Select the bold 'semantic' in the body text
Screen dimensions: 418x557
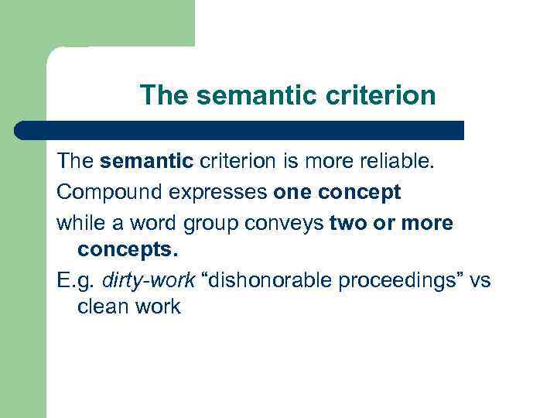[x=146, y=161]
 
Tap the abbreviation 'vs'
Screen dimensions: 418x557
[x=480, y=280]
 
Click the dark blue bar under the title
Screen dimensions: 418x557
[x=240, y=130]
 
